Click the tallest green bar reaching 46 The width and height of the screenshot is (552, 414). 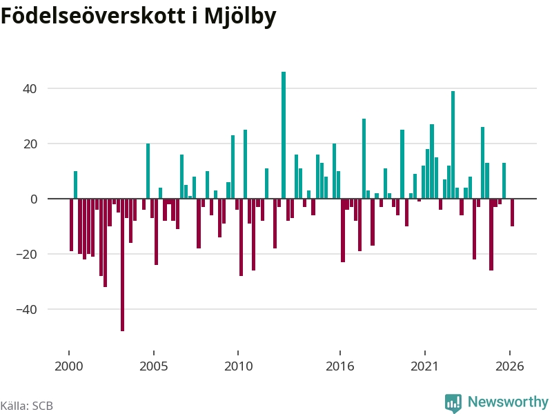284,135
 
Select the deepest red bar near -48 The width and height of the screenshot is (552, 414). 123,265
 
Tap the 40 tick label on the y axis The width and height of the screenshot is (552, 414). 30,89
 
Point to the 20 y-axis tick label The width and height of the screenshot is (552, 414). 30,144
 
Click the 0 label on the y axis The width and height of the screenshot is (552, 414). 34,199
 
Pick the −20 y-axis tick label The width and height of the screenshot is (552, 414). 27,254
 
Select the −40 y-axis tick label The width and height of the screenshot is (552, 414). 27,309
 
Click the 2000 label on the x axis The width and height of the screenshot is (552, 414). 68,366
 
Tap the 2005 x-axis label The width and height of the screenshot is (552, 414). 153,366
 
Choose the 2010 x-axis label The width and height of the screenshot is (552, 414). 238,366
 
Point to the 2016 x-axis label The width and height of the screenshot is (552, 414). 339,366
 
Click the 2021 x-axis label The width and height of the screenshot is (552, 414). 424,366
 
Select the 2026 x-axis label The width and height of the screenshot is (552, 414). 509,366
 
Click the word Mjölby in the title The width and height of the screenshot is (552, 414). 240,17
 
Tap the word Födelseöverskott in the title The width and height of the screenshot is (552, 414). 93,16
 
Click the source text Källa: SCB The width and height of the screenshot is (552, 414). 27,406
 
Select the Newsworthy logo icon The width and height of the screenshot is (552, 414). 453,403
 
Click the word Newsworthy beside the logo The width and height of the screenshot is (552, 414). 508,402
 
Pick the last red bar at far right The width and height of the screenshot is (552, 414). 512,213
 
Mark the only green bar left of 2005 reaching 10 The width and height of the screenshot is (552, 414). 75,185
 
